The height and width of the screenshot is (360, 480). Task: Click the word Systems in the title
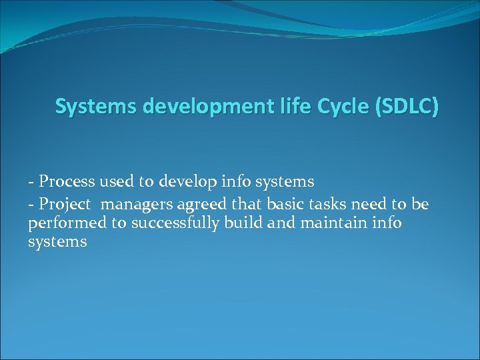[x=85, y=107]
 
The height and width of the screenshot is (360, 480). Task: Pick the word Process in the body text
[x=65, y=181]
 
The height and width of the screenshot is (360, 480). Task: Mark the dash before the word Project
[x=31, y=204]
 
